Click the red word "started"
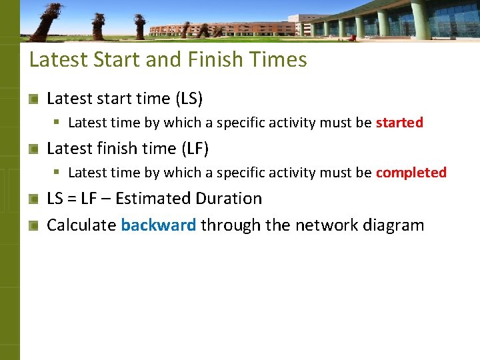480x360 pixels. click(399, 123)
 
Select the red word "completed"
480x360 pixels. click(411, 173)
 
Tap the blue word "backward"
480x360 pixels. click(159, 225)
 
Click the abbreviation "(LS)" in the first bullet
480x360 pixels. click(189, 99)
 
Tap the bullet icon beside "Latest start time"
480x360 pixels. click(33, 99)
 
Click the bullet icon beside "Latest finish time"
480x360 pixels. click(33, 149)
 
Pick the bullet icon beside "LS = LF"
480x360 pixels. click(33, 199)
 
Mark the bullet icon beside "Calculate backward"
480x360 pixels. click(33, 226)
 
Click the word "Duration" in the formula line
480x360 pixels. click(228, 199)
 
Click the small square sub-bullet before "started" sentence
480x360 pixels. click(58, 123)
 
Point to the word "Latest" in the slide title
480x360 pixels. click(58, 60)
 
